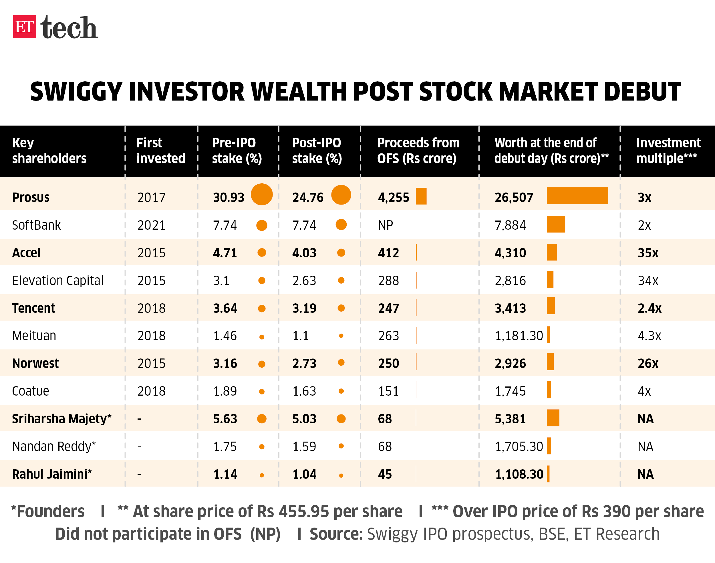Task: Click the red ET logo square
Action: pos(24,27)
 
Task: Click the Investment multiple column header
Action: pos(668,151)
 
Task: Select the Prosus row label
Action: pos(31,197)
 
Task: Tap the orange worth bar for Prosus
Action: pos(577,196)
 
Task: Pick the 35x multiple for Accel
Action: pos(648,253)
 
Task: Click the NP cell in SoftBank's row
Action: pos(385,225)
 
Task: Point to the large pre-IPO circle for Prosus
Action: pos(262,195)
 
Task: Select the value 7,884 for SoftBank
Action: pos(510,225)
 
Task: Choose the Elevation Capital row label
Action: pos(58,281)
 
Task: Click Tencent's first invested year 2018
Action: pos(152,308)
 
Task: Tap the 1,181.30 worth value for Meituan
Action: pos(519,336)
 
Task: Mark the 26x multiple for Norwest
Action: pos(648,364)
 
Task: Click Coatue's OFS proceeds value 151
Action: pos(388,391)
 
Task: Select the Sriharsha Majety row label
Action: pos(62,419)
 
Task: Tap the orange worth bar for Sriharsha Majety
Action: pos(553,418)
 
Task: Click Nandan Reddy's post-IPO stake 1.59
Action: pos(304,447)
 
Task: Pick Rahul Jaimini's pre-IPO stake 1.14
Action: pos(225,474)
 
